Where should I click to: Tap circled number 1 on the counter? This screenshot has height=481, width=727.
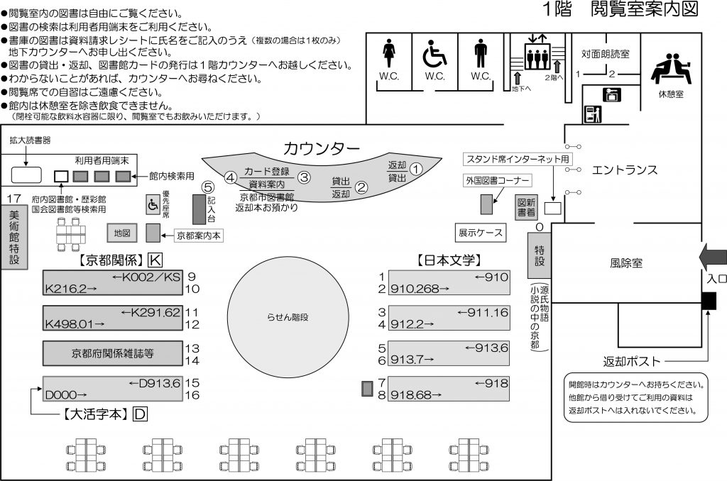tap(417, 169)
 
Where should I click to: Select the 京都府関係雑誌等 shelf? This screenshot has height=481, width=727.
tap(112, 351)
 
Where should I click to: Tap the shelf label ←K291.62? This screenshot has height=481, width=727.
tap(151, 312)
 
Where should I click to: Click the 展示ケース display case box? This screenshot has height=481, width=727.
tap(480, 232)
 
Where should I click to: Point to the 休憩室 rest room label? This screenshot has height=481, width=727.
tap(670, 94)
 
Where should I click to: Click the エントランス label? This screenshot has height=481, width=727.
tap(625, 170)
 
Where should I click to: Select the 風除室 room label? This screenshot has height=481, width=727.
tap(625, 262)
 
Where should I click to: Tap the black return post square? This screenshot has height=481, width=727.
tap(709, 302)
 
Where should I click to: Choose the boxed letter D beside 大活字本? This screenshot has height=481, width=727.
tap(140, 415)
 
